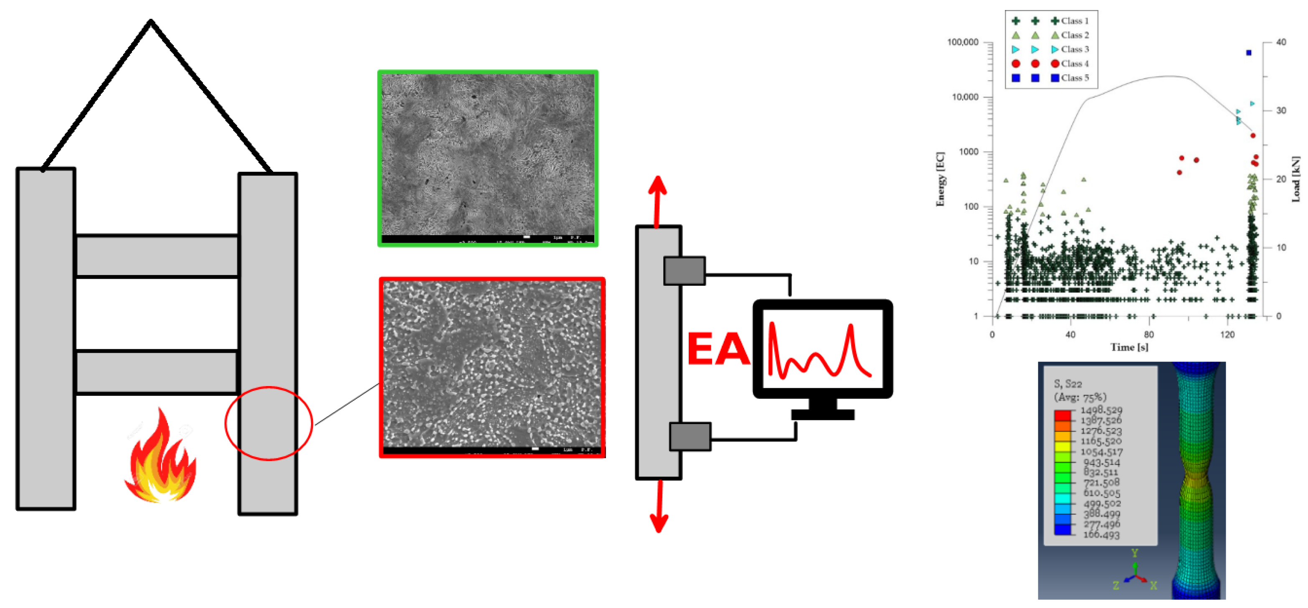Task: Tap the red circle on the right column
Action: click(269, 423)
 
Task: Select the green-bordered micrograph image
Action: click(487, 158)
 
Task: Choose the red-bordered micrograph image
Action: click(492, 367)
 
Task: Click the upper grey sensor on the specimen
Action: click(684, 271)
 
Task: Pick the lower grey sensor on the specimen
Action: click(689, 436)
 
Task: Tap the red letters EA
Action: click(717, 349)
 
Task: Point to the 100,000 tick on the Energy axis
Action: click(963, 42)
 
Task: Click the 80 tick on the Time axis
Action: click(1148, 334)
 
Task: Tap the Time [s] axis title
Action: click(1129, 347)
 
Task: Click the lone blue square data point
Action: click(1249, 53)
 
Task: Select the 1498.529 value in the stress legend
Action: click(1101, 410)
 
